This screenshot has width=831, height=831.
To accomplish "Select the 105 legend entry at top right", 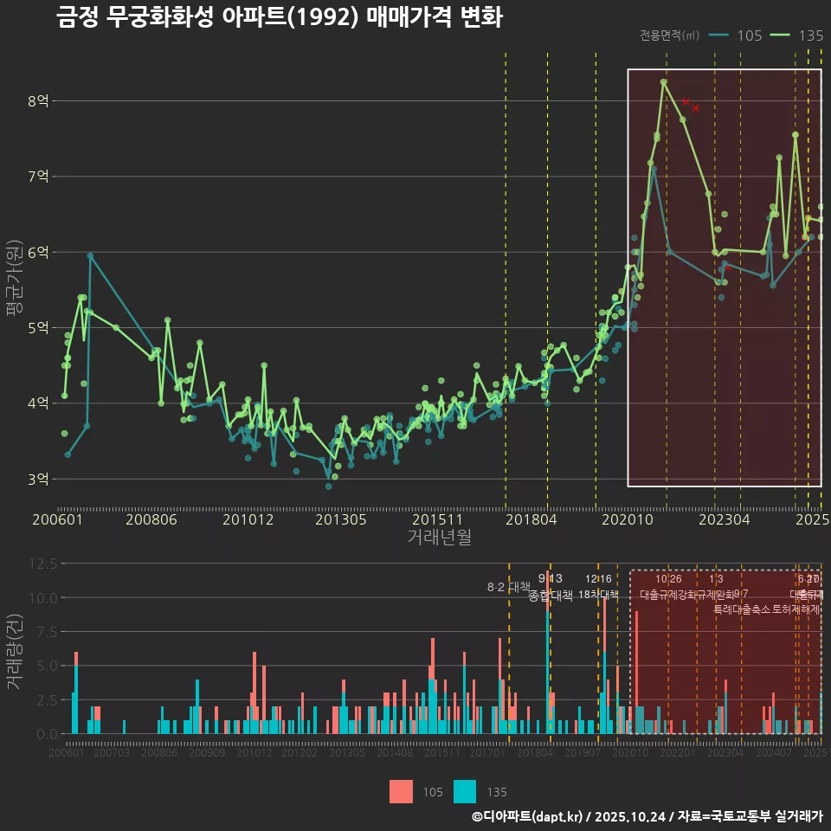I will point(735,35).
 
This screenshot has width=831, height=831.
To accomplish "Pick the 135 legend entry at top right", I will point(796,35).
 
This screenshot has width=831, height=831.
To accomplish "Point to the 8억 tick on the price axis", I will point(39,100).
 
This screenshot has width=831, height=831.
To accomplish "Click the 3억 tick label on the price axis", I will point(39,479).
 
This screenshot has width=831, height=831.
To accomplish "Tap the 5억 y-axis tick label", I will point(39,327).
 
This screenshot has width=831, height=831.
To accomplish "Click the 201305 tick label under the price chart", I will point(340,519).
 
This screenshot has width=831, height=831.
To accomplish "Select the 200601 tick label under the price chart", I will point(57,519).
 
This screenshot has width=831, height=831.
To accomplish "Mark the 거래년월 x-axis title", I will point(439,538).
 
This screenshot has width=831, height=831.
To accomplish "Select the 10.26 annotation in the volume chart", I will point(668,579).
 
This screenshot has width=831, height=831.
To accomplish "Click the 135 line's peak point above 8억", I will point(664,82).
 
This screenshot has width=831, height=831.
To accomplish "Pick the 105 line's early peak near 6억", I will point(90,255).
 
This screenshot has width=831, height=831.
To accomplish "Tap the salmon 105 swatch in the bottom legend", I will point(401,791).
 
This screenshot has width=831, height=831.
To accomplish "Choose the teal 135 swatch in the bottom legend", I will point(465,791).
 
